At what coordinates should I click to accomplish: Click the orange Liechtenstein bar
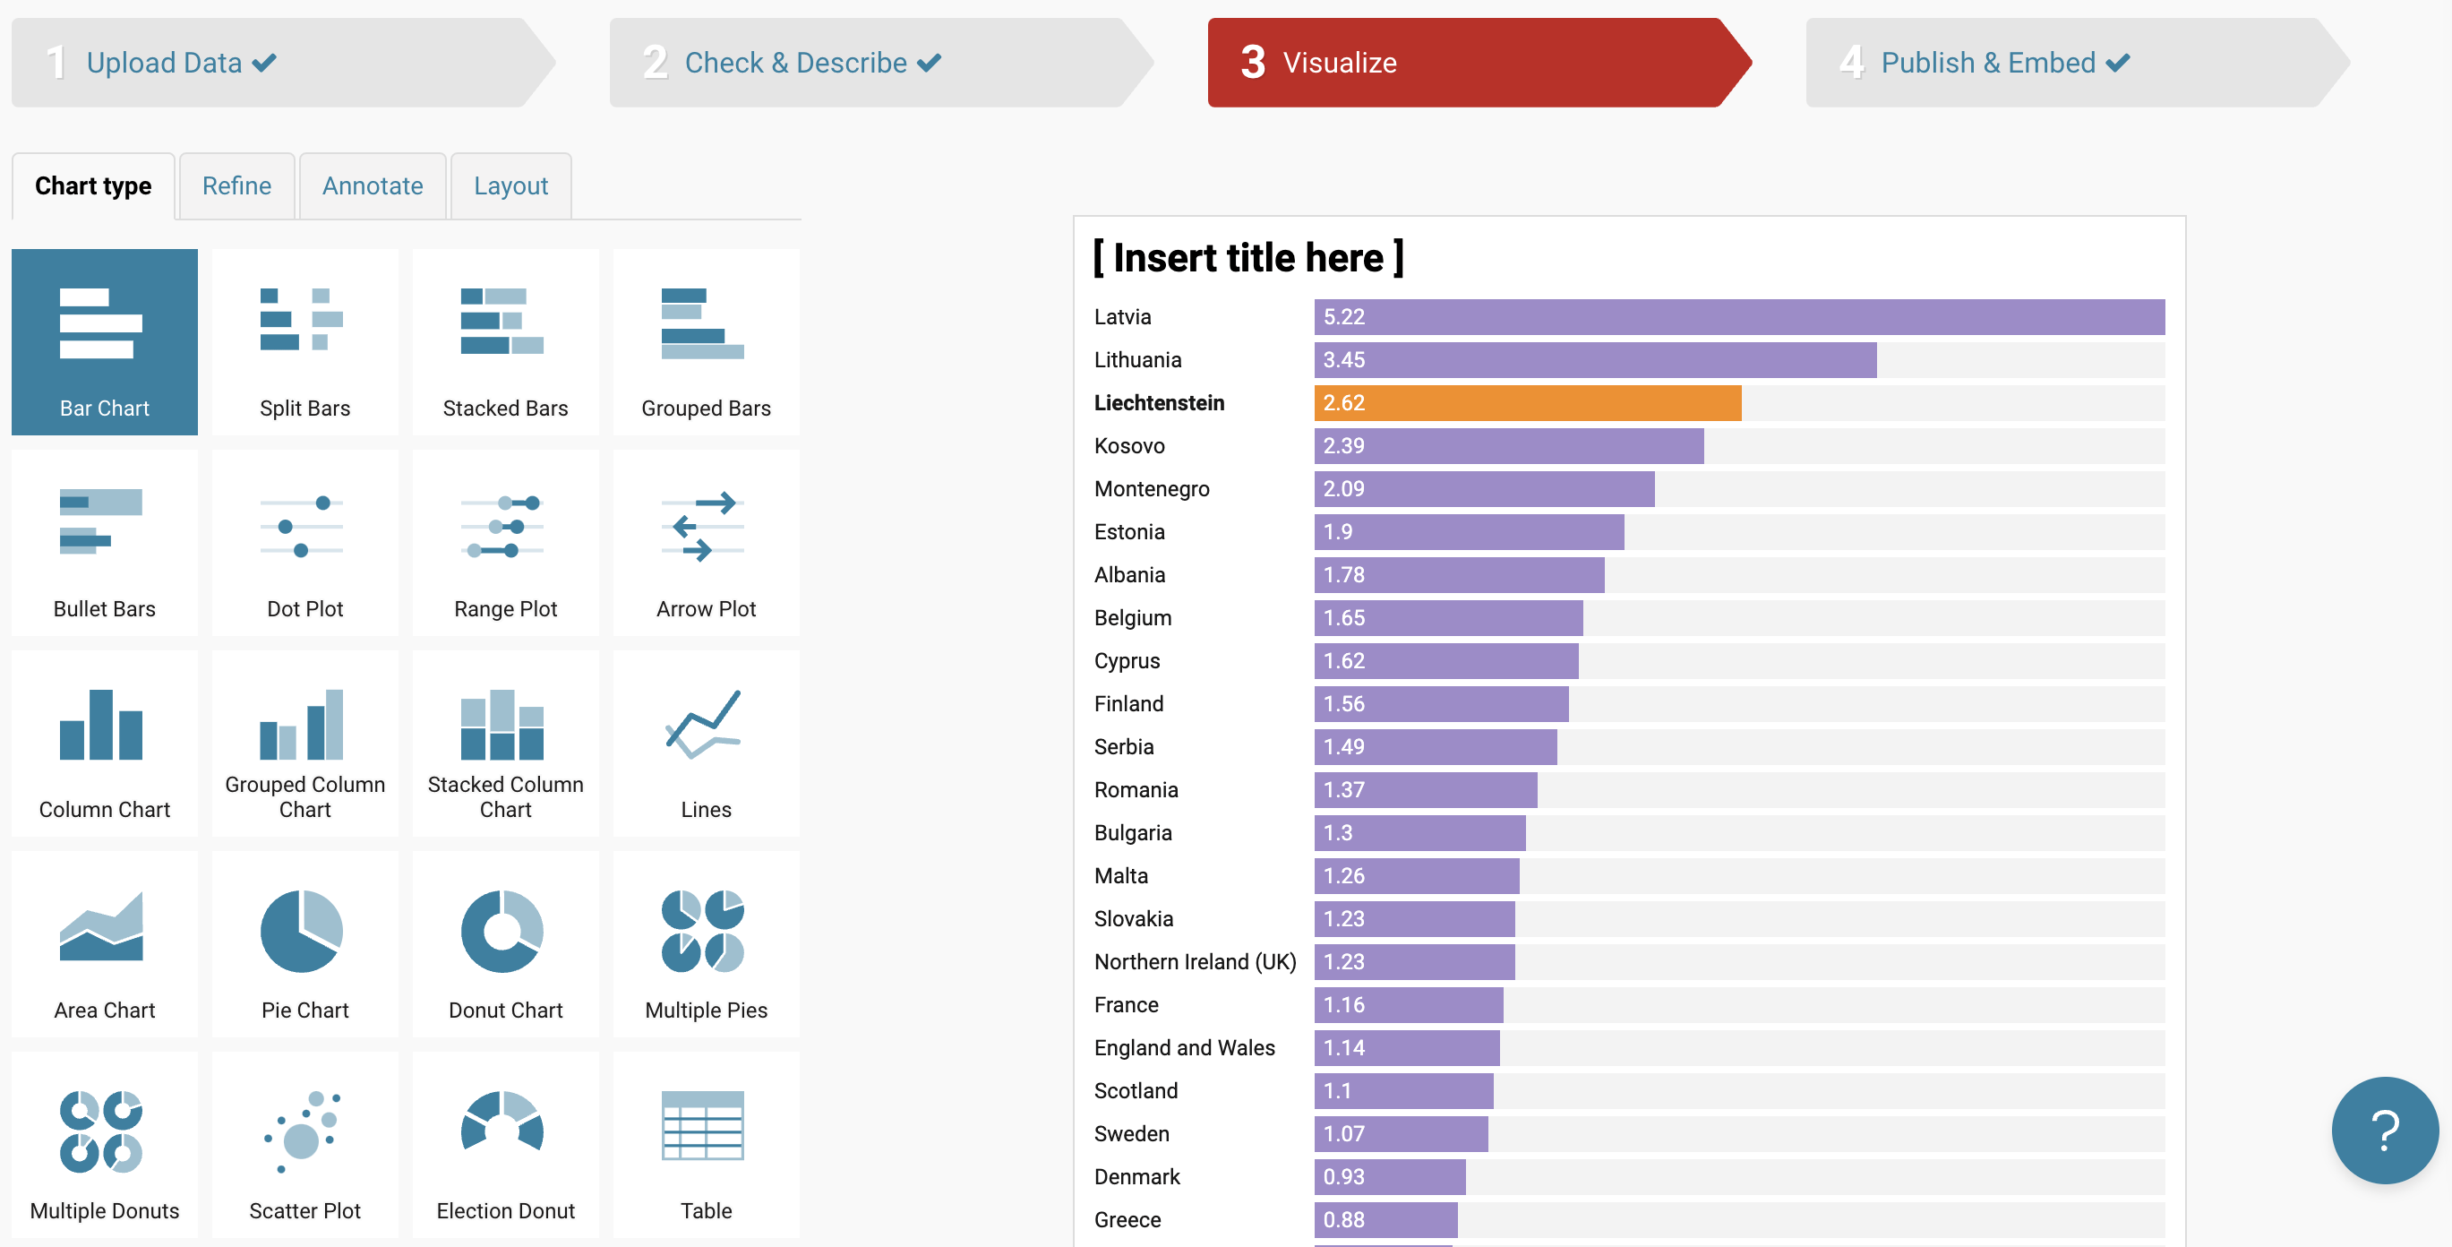[x=1527, y=402]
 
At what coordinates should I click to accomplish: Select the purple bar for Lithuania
[x=1594, y=360]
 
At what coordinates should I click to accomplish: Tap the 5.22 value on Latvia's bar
[x=1343, y=317]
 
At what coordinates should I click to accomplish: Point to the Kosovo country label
[x=1129, y=445]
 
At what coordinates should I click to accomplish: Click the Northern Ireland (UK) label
[x=1195, y=961]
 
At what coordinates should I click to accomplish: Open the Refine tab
[x=236, y=185]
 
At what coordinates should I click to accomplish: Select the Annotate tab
[x=373, y=185]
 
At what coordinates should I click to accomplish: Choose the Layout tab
[x=510, y=185]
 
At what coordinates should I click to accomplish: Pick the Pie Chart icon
[x=302, y=931]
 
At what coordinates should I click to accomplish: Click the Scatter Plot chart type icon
[x=302, y=1131]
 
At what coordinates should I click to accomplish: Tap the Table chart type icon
[x=702, y=1125]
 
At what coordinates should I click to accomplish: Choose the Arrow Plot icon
[x=702, y=527]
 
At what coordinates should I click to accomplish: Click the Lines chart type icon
[x=702, y=726]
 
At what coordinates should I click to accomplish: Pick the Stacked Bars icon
[x=502, y=322]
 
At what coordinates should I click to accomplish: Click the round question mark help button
[x=2385, y=1130]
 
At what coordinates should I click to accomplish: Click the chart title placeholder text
[x=1247, y=258]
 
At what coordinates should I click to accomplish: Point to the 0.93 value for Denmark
[x=1343, y=1176]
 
